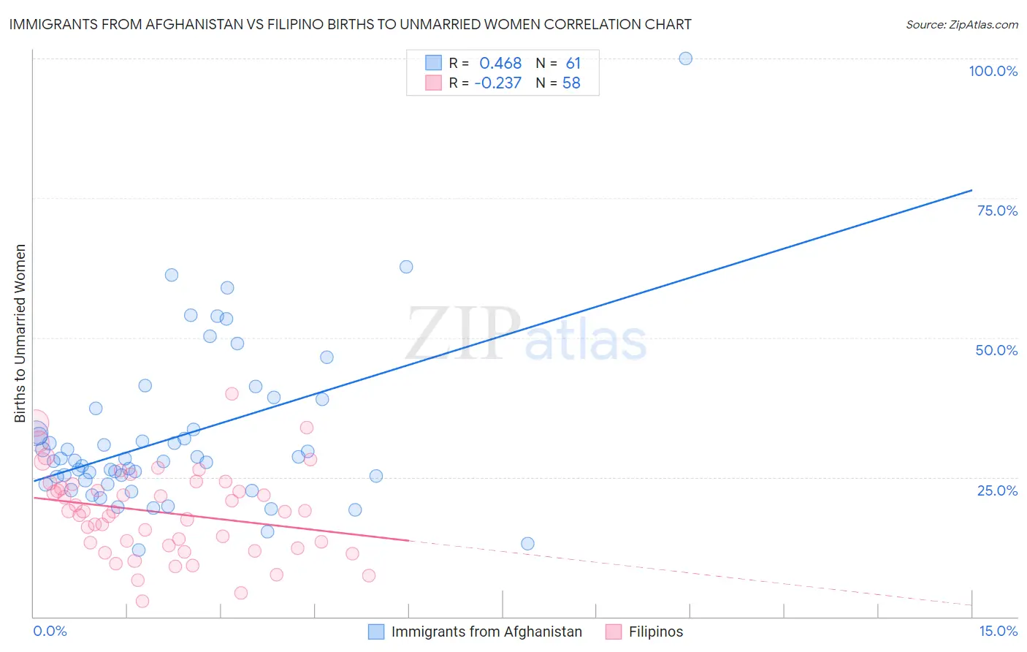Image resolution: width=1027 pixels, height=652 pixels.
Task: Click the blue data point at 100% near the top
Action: (685, 58)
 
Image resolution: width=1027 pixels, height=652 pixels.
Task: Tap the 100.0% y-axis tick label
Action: (993, 71)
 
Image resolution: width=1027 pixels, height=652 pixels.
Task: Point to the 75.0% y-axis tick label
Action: (997, 211)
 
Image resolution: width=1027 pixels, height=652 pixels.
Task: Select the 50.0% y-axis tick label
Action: (996, 350)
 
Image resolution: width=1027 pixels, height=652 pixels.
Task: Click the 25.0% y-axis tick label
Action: (997, 490)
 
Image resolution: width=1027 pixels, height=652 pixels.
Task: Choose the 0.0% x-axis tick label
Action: (50, 631)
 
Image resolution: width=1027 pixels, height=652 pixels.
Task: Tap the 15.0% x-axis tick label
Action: (998, 631)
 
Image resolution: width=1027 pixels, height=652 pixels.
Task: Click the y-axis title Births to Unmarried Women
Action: (20, 333)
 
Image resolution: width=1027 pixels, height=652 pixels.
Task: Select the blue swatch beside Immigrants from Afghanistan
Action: (376, 632)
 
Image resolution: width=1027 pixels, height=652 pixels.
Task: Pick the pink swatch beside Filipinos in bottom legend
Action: (614, 632)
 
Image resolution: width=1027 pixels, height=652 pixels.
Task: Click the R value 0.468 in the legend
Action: (500, 64)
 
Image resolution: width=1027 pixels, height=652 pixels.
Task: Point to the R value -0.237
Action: (497, 83)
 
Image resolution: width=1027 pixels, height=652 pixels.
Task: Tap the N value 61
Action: (573, 64)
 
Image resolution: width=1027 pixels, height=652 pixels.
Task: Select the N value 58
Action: (571, 83)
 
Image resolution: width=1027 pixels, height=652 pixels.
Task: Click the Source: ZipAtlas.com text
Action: (961, 25)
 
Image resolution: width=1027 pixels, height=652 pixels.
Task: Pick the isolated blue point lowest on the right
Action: (527, 544)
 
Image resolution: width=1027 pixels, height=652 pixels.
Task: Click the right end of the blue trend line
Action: (971, 190)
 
